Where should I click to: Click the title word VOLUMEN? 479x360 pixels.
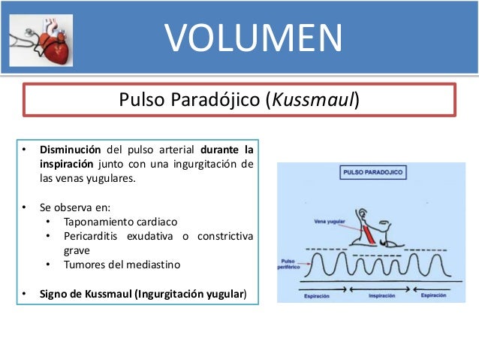(253, 38)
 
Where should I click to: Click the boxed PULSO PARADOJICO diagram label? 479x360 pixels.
(372, 172)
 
